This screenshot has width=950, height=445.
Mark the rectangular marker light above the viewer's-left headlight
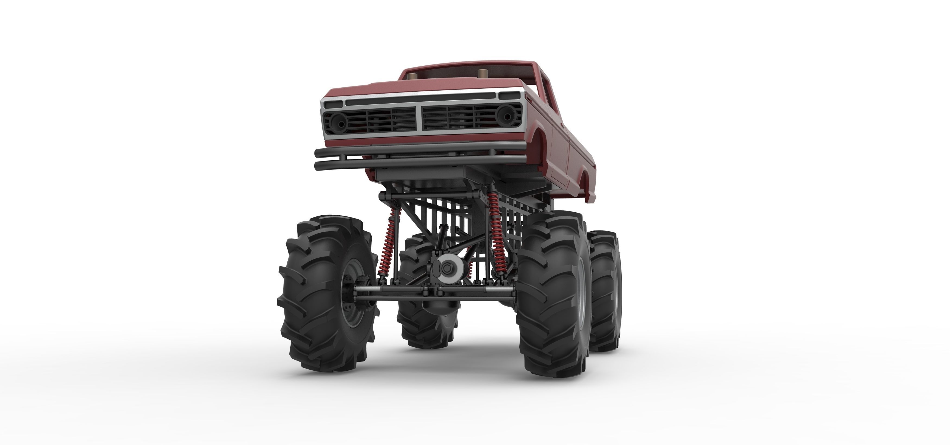click(333, 105)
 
